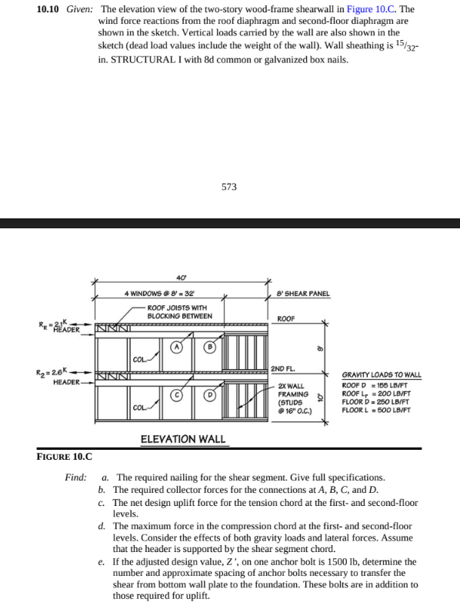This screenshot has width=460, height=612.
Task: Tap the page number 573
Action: click(x=229, y=187)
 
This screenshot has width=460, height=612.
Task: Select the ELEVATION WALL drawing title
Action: click(x=183, y=438)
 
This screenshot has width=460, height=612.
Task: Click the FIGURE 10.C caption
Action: click(x=67, y=456)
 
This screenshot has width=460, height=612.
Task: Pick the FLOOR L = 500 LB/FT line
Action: click(x=375, y=411)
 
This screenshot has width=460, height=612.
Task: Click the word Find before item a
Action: click(x=75, y=477)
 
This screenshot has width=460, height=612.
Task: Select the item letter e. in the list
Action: click(x=103, y=562)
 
